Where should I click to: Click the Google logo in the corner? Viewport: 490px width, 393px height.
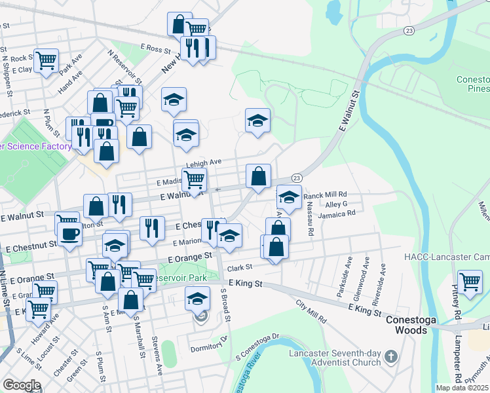pos(21,385)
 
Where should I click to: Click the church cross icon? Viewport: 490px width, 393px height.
pos(391,357)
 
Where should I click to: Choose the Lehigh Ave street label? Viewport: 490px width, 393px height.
pos(204,162)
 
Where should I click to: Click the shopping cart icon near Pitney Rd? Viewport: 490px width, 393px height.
pos(470,282)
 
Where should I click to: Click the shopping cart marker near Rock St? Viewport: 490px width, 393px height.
pos(46,60)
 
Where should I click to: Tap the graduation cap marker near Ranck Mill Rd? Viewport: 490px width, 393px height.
pos(288,196)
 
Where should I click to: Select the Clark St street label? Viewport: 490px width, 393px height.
pos(240,268)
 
